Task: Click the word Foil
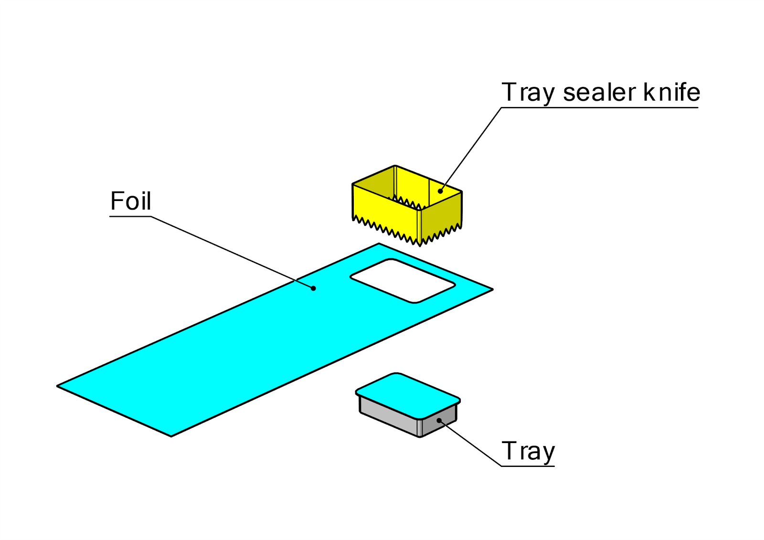tap(130, 201)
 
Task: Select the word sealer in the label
tap(599, 92)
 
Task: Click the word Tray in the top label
tap(528, 93)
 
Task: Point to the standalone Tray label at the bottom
tap(528, 451)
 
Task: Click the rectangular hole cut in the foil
tap(403, 281)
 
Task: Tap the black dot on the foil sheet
tap(313, 288)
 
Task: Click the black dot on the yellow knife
tap(440, 191)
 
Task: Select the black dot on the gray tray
tap(439, 421)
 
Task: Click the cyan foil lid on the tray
tap(407, 394)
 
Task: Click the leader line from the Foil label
tap(229, 251)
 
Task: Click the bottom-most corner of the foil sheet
tap(171, 436)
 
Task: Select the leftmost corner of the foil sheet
tap(58, 386)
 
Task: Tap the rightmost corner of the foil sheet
tap(492, 289)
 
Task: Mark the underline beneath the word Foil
tap(130, 217)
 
